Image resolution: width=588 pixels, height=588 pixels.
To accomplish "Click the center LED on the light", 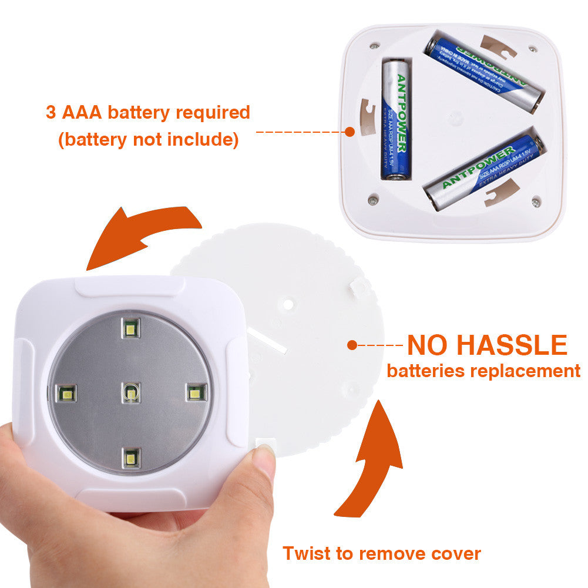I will [131, 392].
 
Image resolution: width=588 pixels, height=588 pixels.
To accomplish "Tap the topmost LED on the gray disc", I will [130, 328].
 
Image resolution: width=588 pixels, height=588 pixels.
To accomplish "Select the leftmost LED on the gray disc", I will [67, 393].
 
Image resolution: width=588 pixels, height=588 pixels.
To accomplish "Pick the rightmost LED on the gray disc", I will [196, 392].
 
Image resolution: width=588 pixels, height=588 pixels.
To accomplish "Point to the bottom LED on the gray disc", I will [132, 457].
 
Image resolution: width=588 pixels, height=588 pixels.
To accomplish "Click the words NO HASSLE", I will [487, 345].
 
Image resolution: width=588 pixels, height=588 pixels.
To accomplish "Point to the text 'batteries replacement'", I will [483, 371].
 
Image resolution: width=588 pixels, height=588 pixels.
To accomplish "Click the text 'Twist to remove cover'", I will [381, 553].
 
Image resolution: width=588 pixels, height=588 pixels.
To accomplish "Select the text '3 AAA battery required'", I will [148, 112].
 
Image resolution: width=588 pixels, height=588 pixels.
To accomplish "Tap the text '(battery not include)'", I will [148, 140].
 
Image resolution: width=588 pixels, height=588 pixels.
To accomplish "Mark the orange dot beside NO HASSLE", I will [352, 345].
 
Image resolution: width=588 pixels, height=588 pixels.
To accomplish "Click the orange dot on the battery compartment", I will [350, 132].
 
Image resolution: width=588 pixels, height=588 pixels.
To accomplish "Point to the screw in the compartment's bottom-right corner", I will [535, 202].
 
